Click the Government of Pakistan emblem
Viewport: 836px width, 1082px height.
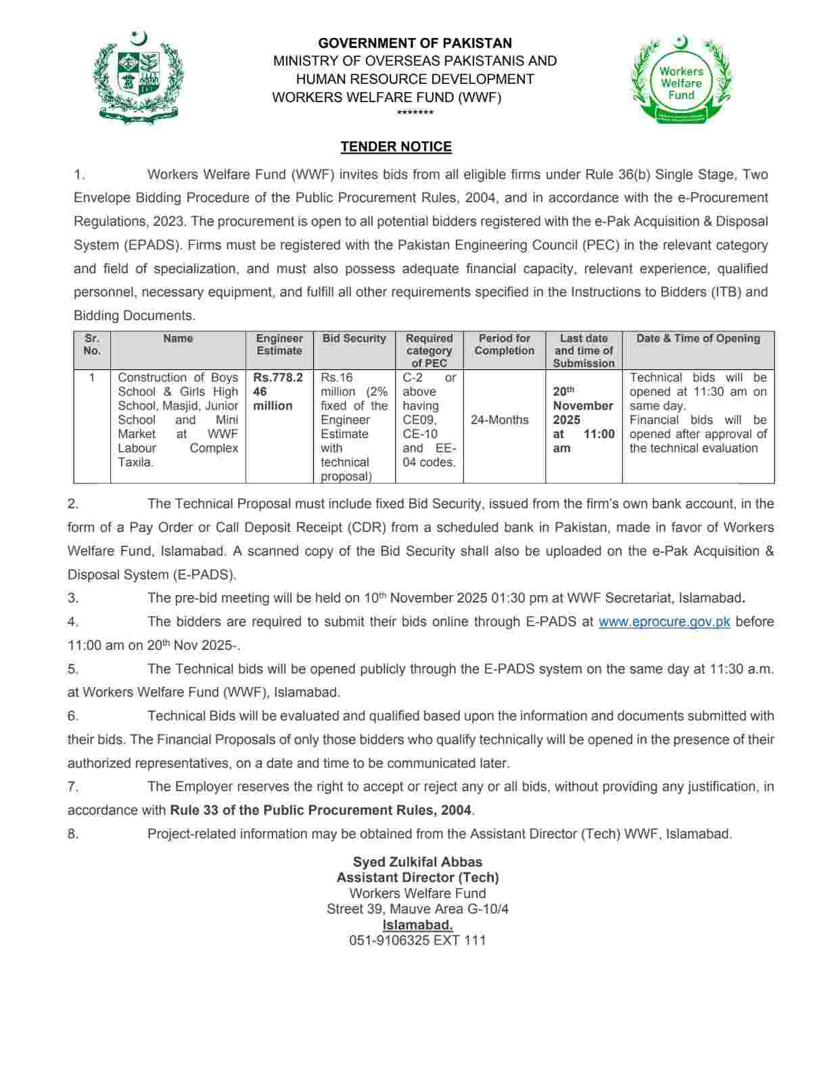[139, 76]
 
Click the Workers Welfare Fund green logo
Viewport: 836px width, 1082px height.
[681, 80]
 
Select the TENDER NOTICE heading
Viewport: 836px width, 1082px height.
[396, 147]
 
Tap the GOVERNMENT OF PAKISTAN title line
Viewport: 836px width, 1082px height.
[415, 43]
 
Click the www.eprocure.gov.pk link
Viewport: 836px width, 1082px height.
[664, 621]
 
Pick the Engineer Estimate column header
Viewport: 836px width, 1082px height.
[279, 344]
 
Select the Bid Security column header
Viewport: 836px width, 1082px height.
[354, 339]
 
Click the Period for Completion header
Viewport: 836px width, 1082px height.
[504, 344]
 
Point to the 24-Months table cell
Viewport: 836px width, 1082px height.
[500, 420]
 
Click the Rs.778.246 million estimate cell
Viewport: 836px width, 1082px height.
[277, 392]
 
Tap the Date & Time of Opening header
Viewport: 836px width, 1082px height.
[698, 339]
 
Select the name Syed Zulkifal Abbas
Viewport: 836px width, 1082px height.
[417, 862]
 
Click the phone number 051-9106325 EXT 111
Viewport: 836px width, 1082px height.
[417, 940]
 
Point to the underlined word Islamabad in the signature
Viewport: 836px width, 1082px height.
[417, 924]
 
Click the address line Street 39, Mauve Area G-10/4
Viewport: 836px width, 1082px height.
[417, 909]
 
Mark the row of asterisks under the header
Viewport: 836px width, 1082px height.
[415, 113]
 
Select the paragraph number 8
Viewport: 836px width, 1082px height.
[73, 834]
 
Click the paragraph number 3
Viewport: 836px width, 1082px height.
[73, 598]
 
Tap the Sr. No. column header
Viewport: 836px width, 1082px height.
[92, 344]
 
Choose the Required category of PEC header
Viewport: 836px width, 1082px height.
[429, 350]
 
